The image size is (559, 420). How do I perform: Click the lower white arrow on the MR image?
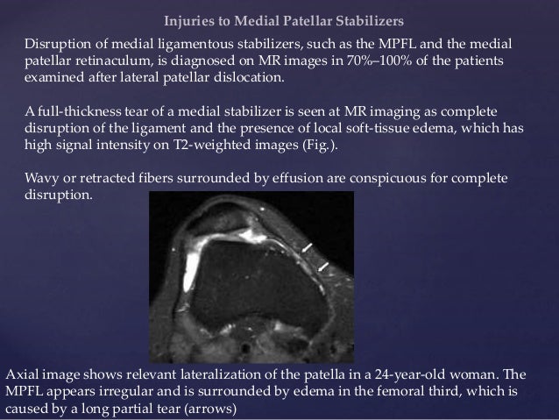pyautogui.click(x=324, y=265)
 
